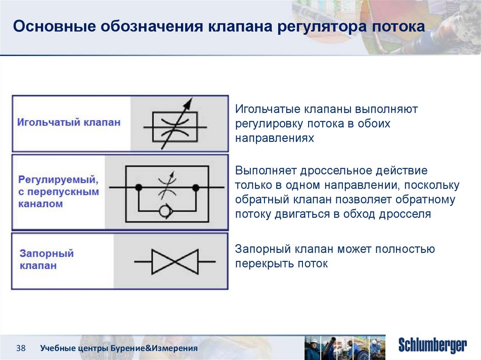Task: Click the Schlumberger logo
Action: (433, 345)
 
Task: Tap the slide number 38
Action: (21, 348)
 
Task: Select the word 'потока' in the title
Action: (398, 26)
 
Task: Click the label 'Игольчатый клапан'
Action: (69, 123)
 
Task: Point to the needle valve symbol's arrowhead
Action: (188, 103)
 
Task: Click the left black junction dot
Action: (139, 187)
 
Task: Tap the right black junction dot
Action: (196, 187)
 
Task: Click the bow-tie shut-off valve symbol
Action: (175, 261)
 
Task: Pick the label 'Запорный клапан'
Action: (47, 260)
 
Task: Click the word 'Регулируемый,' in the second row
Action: (58, 180)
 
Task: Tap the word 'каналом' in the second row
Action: (40, 204)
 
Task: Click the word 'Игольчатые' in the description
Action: (267, 109)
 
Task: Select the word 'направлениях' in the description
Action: (274, 138)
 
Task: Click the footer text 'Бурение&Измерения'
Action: (154, 348)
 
